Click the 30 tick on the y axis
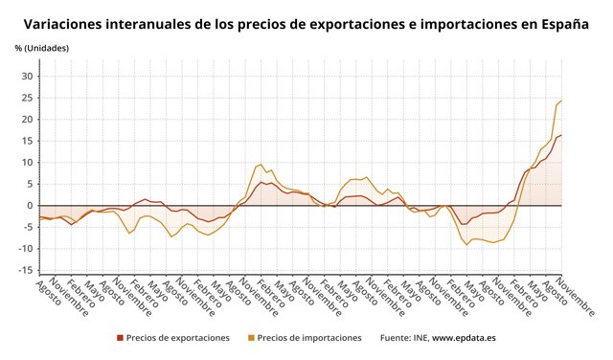pyautogui.click(x=28, y=77)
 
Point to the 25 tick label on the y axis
pyautogui.click(x=28, y=98)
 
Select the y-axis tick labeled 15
pyautogui.click(x=28, y=141)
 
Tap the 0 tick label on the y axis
pyautogui.click(x=31, y=206)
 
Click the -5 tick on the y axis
pyautogui.click(x=28, y=227)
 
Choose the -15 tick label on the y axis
pyautogui.click(x=26, y=270)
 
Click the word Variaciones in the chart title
pyautogui.click(x=64, y=24)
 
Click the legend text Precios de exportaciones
pyautogui.click(x=178, y=338)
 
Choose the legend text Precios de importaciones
pyautogui.click(x=309, y=338)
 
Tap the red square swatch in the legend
pyautogui.click(x=121, y=338)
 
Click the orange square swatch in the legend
pyautogui.click(x=252, y=338)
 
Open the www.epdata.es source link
pyautogui.click(x=464, y=338)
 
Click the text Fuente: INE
pyautogui.click(x=403, y=338)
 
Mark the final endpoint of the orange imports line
pyautogui.click(x=561, y=101)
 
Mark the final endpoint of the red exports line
pyautogui.click(x=561, y=135)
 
